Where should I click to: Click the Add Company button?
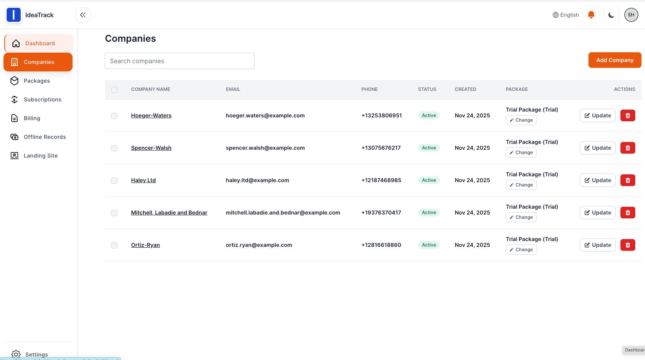pos(615,60)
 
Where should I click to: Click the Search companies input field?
pos(179,61)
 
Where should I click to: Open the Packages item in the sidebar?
pos(37,81)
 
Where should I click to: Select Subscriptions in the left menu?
pos(42,99)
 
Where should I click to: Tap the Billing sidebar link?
pos(32,118)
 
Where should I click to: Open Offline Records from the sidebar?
pos(44,137)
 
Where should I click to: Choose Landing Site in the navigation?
pos(41,156)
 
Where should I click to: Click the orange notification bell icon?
pos(591,15)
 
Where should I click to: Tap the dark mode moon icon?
pos(611,15)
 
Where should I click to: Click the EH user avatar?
pos(631,15)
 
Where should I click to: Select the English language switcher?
pos(565,15)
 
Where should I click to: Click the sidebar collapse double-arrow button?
pos(83,15)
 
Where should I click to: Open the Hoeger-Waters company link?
pos(151,115)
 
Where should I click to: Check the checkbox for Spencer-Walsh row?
pos(114,148)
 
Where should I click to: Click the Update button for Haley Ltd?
pos(597,180)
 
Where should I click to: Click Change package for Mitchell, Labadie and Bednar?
pos(521,217)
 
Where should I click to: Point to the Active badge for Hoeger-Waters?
pos(429,115)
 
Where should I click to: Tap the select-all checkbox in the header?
pos(114,90)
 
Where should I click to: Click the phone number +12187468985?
pos(381,180)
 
